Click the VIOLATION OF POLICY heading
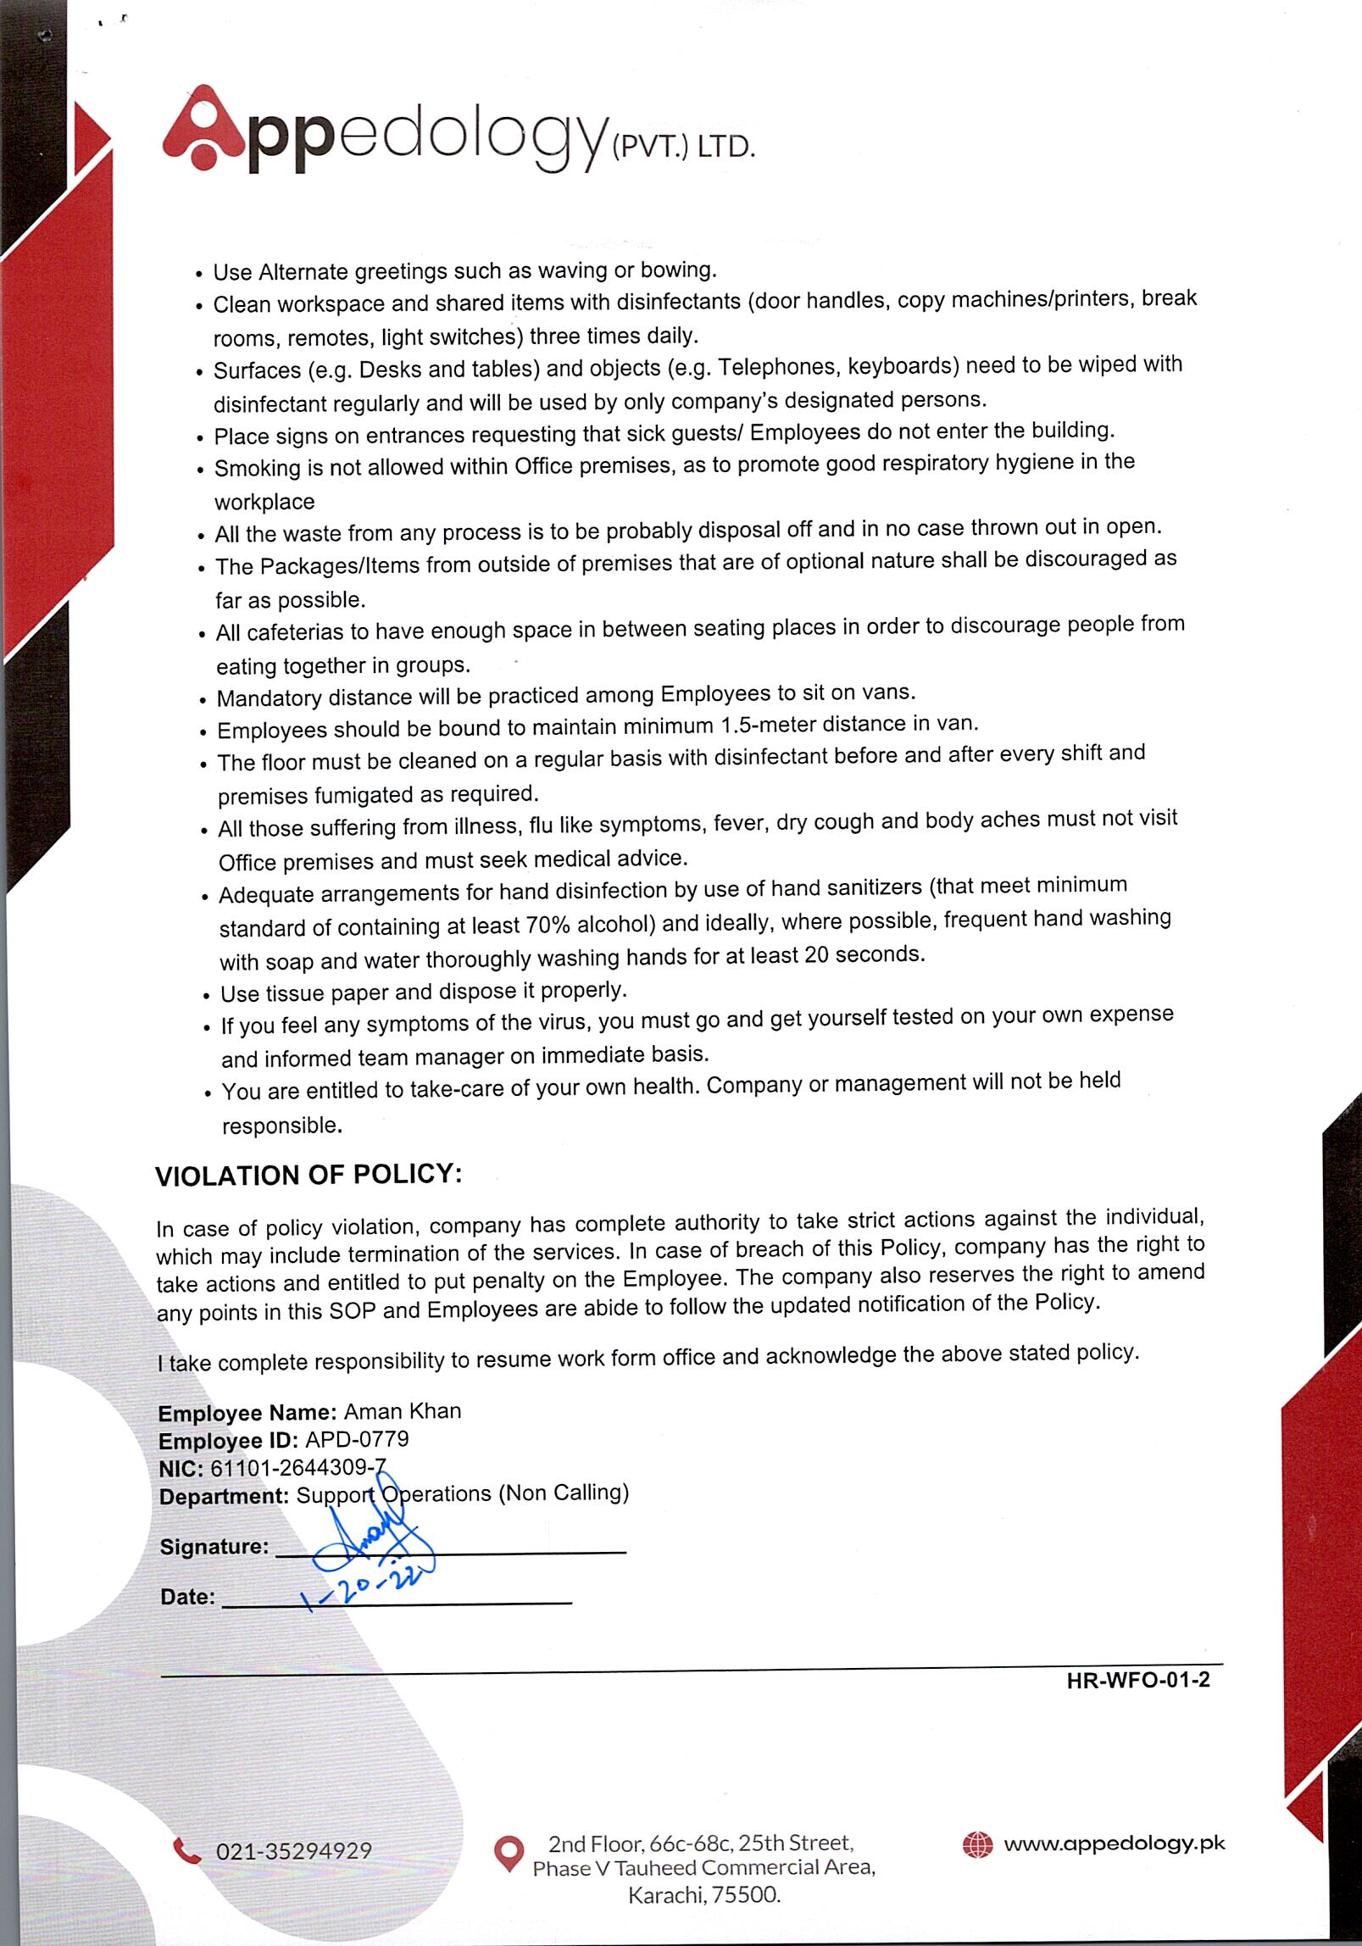click(x=309, y=1175)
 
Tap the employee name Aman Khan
click(x=403, y=1411)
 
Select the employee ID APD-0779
click(x=357, y=1439)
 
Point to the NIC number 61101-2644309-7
click(x=297, y=1467)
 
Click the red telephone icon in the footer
click(x=186, y=1850)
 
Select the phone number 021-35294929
click(x=294, y=1851)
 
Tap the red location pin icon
click(x=509, y=1854)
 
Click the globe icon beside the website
click(x=977, y=1844)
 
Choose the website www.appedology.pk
click(x=1115, y=1843)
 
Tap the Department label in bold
click(x=225, y=1496)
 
